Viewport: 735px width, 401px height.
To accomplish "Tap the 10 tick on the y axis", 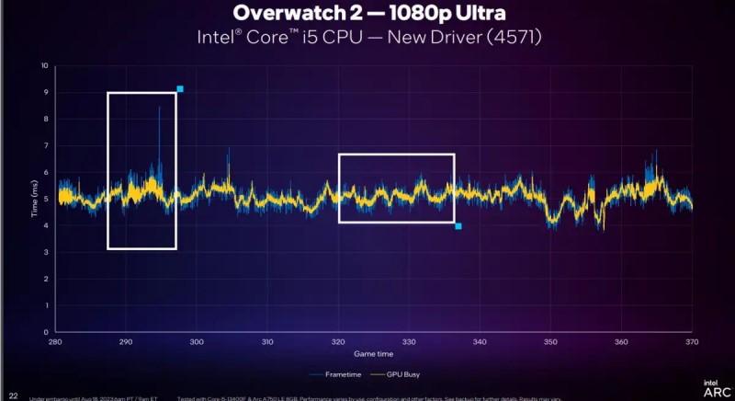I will [44, 66].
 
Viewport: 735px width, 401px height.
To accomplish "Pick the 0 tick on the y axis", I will [46, 331].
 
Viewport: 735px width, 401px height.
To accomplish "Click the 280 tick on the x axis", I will [55, 342].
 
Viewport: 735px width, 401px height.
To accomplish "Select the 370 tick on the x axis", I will [693, 342].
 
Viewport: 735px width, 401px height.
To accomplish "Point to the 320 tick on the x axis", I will [338, 342].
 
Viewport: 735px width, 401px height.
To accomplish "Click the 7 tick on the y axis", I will [46, 145].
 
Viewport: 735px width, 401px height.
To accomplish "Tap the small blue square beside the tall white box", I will [180, 89].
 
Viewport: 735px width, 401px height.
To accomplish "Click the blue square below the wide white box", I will [458, 226].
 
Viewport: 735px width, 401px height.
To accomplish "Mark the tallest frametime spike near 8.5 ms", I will [159, 109].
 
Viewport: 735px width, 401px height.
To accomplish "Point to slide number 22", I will [14, 396].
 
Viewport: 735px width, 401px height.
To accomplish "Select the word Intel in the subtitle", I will [213, 40].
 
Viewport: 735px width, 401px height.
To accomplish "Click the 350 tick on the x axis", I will [550, 342].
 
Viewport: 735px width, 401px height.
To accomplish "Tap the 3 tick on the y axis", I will [46, 252].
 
